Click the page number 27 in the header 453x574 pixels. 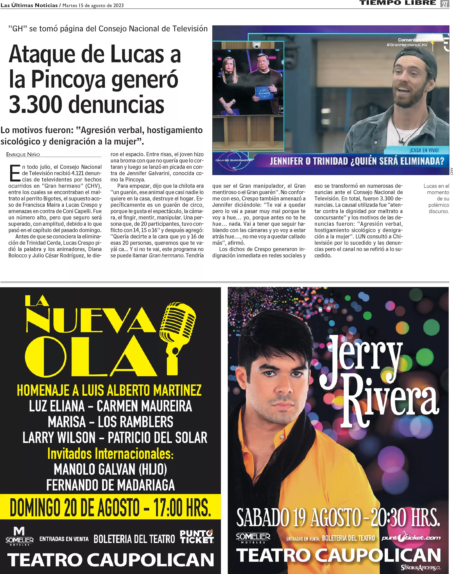(445, 4)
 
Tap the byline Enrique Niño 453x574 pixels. (23, 154)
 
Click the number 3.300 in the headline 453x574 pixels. (35, 104)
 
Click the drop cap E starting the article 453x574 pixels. (15, 173)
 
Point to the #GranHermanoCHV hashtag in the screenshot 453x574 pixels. (407, 45)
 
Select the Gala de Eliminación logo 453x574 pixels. (234, 160)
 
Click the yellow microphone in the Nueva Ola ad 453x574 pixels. (177, 331)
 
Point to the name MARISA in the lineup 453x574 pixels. (67, 422)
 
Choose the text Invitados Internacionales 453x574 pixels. (110, 454)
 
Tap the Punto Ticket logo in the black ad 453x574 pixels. (197, 537)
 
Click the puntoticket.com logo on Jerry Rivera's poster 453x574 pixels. (411, 538)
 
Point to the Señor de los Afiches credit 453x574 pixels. (421, 568)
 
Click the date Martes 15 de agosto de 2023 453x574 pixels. (93, 5)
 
